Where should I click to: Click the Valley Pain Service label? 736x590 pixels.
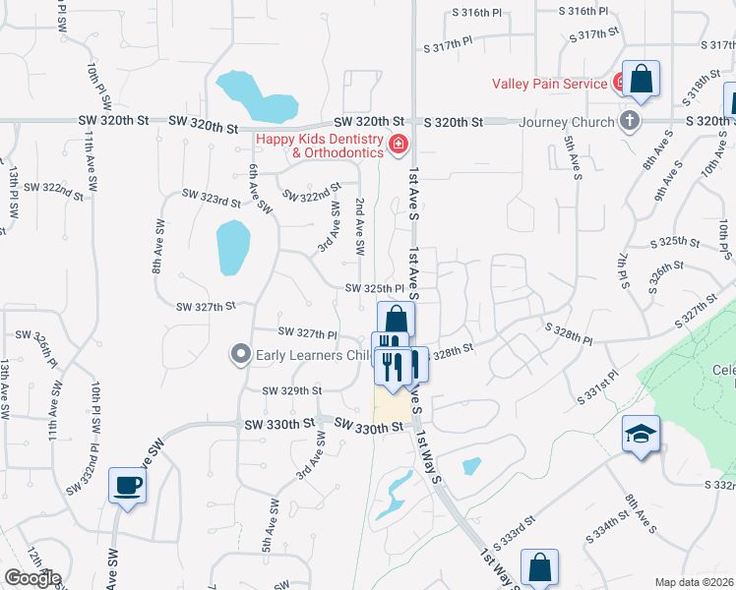tap(549, 84)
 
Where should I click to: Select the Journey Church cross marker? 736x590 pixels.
tap(631, 122)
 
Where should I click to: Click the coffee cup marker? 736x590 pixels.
tap(129, 485)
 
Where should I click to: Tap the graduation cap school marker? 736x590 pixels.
tap(641, 435)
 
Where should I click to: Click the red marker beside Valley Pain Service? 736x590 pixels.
tap(622, 83)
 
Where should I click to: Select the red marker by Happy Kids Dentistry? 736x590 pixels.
tap(399, 146)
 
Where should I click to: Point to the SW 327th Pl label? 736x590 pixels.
tap(309, 332)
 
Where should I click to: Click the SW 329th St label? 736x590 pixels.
tap(292, 390)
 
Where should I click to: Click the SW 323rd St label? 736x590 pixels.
tap(212, 201)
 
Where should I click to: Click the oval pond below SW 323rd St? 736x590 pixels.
tap(232, 248)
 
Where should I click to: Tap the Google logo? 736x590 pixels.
tap(32, 578)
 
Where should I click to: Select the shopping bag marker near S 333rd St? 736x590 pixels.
tap(540, 568)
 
